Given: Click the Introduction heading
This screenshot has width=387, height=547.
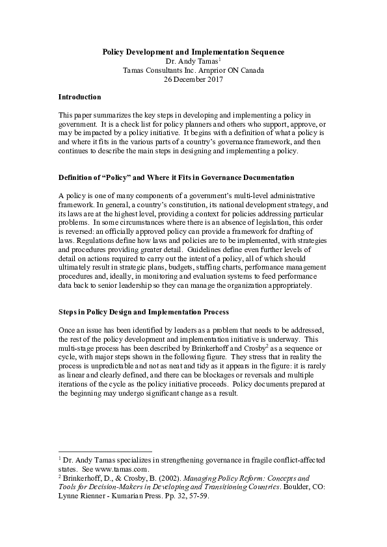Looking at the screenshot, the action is [x=79, y=97].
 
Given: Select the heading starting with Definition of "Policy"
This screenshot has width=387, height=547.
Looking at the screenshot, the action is [x=176, y=177].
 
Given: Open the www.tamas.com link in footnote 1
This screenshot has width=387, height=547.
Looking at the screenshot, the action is [x=125, y=468].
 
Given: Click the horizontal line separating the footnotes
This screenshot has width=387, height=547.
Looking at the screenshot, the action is [x=105, y=451].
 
